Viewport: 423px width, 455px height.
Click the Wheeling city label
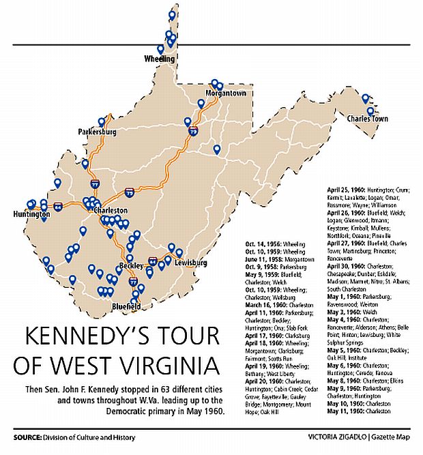click(160, 59)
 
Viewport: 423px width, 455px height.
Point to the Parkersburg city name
click(98, 130)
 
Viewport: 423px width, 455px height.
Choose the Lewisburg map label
click(190, 262)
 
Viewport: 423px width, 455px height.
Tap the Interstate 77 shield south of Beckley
click(133, 281)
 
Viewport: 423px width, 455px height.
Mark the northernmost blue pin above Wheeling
click(172, 14)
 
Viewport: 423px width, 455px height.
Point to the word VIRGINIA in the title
click(156, 365)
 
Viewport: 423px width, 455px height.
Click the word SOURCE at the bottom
click(29, 437)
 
